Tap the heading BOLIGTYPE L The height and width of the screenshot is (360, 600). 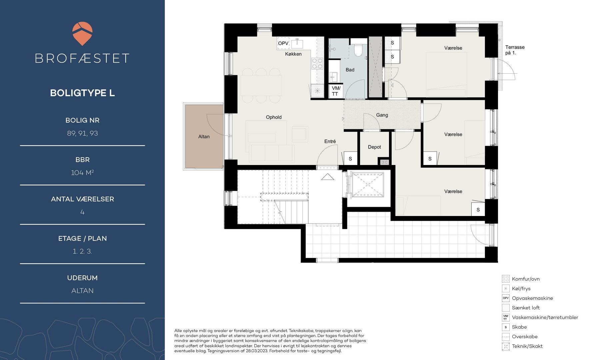(x=82, y=93)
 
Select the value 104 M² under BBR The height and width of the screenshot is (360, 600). (x=82, y=173)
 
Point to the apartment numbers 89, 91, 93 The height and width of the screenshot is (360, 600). (x=82, y=133)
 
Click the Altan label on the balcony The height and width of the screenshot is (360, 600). (x=204, y=136)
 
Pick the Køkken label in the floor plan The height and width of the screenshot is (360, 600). (x=293, y=54)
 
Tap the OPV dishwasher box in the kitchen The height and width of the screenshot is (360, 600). (x=283, y=44)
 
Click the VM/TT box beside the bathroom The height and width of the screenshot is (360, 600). (x=336, y=91)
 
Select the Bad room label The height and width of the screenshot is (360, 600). (x=350, y=70)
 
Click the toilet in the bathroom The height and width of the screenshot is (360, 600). (x=359, y=50)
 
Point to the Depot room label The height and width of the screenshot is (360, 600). (x=374, y=147)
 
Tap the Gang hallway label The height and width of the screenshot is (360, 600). (x=382, y=115)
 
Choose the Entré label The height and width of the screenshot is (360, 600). (x=330, y=141)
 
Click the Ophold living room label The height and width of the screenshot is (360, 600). (x=274, y=117)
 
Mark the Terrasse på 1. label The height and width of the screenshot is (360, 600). (x=515, y=50)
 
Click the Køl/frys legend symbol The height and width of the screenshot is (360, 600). (x=506, y=289)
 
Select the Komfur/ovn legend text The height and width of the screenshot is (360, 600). (x=526, y=279)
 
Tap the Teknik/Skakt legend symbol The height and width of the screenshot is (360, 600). (x=506, y=346)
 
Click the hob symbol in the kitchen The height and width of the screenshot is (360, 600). (x=317, y=63)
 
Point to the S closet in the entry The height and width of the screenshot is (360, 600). (x=350, y=159)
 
